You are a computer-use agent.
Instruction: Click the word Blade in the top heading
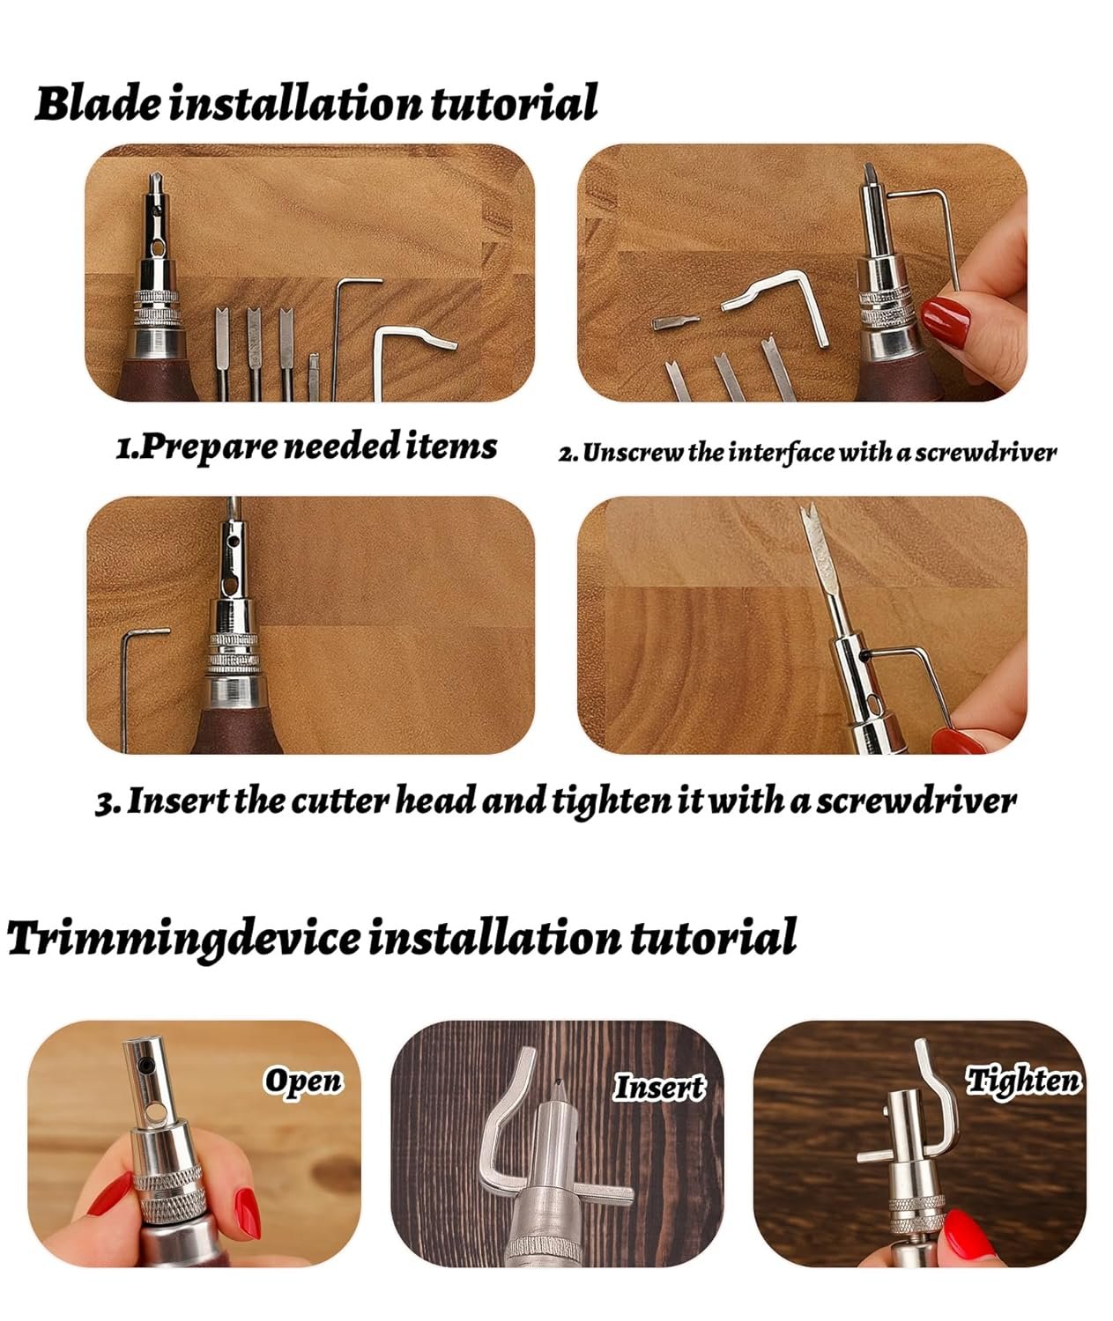98,102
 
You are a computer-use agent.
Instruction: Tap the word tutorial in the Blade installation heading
514,102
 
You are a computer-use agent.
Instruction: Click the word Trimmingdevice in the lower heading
183,938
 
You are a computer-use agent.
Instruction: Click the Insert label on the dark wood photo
659,1087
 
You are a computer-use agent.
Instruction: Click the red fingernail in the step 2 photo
946,321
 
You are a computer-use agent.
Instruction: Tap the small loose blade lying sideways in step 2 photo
676,322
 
